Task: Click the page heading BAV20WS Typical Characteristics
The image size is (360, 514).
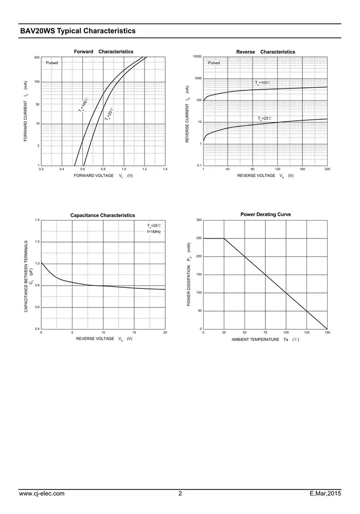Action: point(78,31)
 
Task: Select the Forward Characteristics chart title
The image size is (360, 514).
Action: point(103,52)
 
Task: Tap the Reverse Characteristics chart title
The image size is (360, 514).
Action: point(265,52)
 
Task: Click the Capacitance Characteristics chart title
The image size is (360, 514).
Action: point(103,215)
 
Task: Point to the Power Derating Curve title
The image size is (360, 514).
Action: point(265,214)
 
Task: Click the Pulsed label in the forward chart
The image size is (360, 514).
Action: point(52,63)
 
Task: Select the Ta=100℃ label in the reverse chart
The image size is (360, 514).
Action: point(263,83)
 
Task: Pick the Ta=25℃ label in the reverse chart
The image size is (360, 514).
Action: point(264,119)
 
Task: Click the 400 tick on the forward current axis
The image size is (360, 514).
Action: point(37,57)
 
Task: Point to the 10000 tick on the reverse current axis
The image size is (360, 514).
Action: point(197,57)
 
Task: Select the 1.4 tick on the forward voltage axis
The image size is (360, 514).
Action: point(165,169)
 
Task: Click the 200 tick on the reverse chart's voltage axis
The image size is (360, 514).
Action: point(327,169)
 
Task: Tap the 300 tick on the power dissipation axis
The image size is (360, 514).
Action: point(199,220)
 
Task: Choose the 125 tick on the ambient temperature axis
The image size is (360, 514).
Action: point(307,333)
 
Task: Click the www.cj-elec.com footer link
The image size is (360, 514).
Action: point(42,494)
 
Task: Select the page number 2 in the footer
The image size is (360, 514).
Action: point(180,494)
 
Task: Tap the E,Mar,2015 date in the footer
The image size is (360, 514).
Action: point(325,494)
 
